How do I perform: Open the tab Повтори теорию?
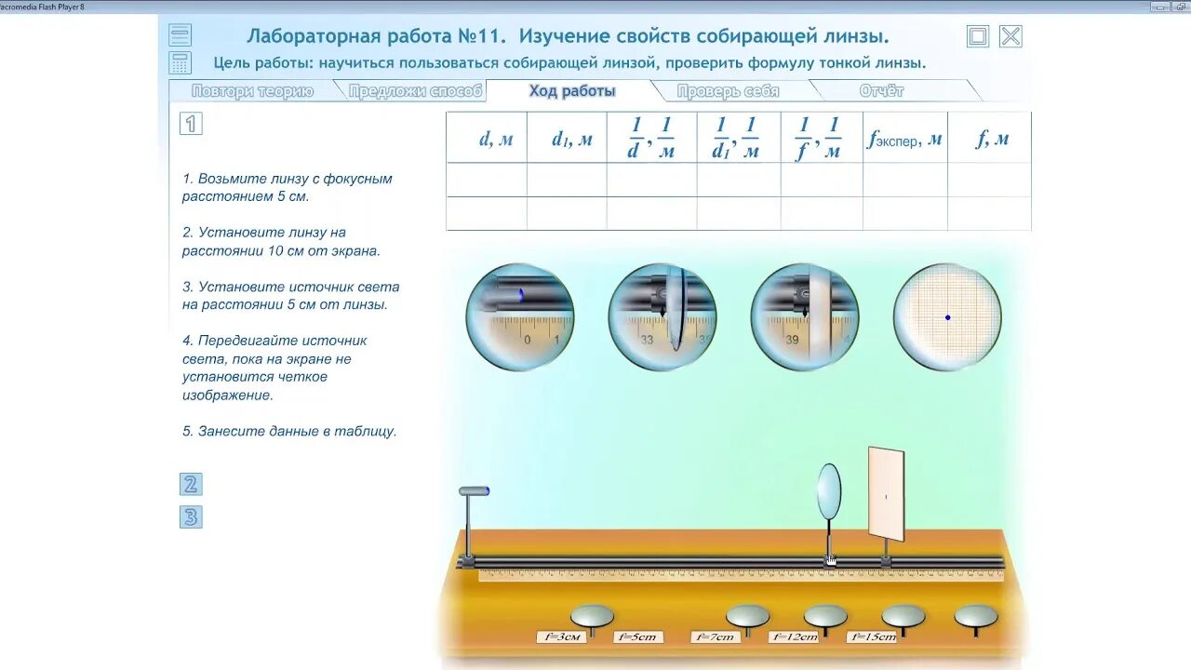pyautogui.click(x=252, y=91)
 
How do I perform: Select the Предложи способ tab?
pyautogui.click(x=416, y=91)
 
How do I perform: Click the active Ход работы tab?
pyautogui.click(x=572, y=91)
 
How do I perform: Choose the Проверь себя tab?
pyautogui.click(x=728, y=91)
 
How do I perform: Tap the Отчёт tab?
pyautogui.click(x=881, y=91)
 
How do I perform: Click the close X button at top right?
pyautogui.click(x=1010, y=36)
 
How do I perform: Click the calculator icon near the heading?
pyautogui.click(x=181, y=63)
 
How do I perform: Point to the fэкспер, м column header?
pyautogui.click(x=904, y=140)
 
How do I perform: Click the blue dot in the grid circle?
pyautogui.click(x=948, y=318)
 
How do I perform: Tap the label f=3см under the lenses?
pyautogui.click(x=561, y=637)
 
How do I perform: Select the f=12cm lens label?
pyautogui.click(x=794, y=637)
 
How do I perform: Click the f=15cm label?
pyautogui.click(x=872, y=637)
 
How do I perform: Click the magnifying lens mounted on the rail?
pyautogui.click(x=829, y=490)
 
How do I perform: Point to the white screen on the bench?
pyautogui.click(x=886, y=494)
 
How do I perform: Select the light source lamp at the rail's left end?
pyautogui.click(x=474, y=491)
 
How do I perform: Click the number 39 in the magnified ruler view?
pyautogui.click(x=792, y=341)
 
